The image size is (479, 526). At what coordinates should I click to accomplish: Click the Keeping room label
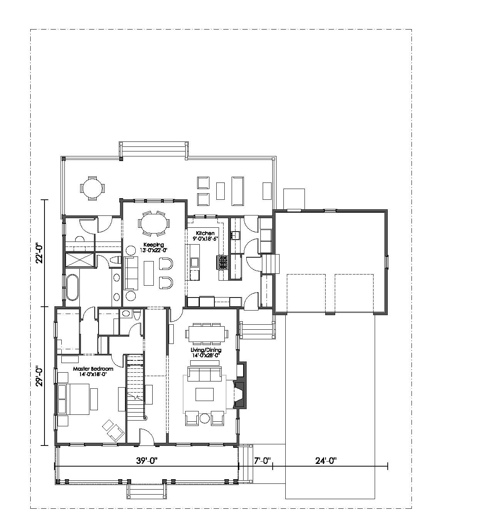[x=153, y=245]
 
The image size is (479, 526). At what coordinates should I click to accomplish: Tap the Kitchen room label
[x=205, y=233]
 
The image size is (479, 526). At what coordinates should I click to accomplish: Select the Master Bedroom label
[x=93, y=369]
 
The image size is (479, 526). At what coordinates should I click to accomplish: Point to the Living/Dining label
[x=206, y=350]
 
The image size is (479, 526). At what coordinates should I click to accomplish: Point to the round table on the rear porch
[x=92, y=188]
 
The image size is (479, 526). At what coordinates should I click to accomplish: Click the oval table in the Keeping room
[x=154, y=224]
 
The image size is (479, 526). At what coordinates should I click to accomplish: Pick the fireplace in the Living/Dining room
[x=240, y=394]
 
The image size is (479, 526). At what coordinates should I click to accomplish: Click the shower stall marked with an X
[x=79, y=260]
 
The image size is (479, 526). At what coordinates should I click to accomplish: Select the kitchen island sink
[x=195, y=262]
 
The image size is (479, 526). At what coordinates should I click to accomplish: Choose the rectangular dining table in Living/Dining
[x=207, y=334]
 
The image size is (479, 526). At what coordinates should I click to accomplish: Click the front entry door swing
[x=146, y=436]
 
